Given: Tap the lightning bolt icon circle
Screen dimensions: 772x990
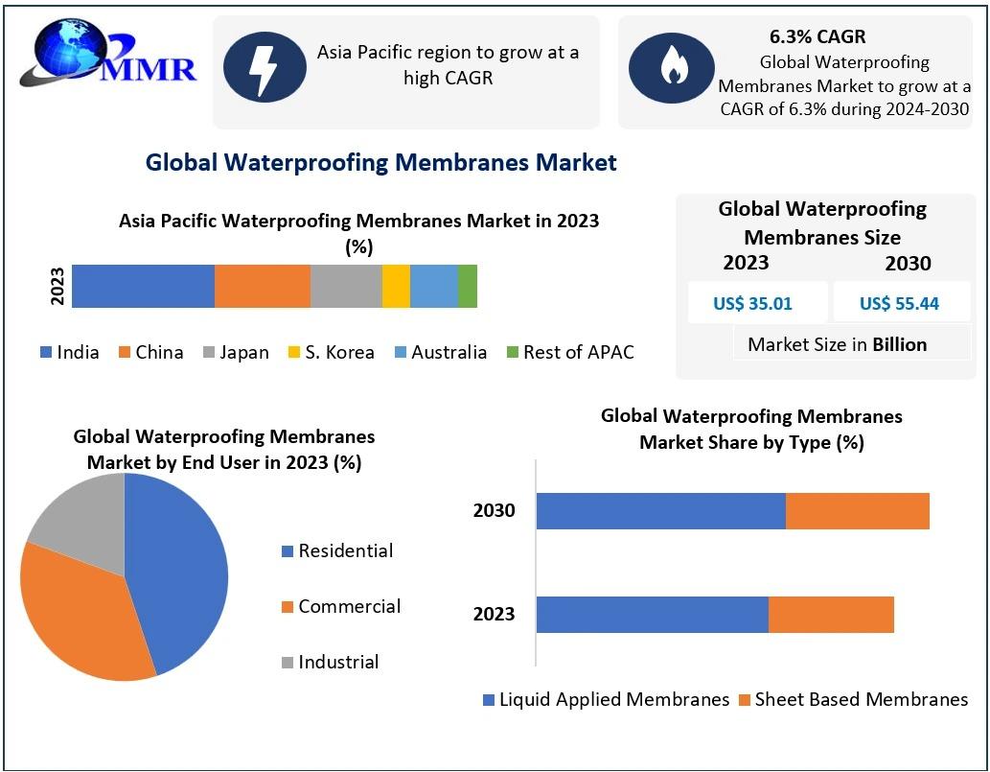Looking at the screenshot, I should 265,66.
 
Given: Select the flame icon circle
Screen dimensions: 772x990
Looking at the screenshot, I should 670,66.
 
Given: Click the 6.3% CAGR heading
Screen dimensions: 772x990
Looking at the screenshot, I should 817,37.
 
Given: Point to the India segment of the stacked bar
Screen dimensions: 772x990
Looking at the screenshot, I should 143,286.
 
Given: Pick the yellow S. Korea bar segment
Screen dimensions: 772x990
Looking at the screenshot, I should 396,286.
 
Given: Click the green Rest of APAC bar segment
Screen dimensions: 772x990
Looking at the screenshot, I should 468,286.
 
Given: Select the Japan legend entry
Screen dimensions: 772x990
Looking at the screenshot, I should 236,352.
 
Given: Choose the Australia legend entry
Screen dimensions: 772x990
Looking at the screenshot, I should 440,352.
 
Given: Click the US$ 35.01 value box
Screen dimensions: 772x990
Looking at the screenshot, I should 752,303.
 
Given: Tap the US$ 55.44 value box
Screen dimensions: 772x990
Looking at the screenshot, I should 899,303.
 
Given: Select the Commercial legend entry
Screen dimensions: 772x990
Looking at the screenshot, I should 341,606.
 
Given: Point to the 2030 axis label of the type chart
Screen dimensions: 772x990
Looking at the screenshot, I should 495,510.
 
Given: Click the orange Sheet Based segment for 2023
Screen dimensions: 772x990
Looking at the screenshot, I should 831,615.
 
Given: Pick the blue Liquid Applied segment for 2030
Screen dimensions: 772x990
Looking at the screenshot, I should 660,511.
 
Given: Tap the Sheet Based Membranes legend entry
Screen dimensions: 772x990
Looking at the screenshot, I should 853,699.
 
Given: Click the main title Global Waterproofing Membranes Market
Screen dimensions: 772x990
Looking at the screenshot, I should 381,162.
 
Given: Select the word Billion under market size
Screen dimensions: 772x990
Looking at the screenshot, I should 900,344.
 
